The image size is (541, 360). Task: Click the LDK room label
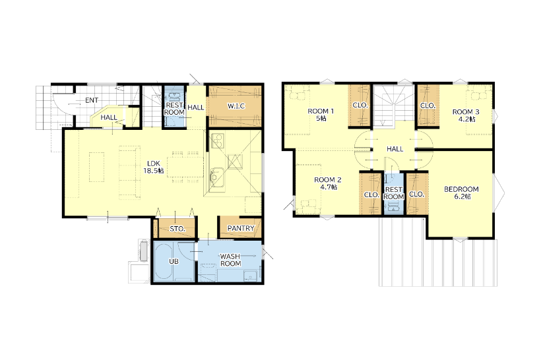click(154, 164)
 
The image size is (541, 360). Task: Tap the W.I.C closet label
click(236, 106)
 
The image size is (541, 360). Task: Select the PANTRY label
click(241, 228)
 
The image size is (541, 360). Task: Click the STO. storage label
click(177, 229)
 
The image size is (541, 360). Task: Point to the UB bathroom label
click(174, 261)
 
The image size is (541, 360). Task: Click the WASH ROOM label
click(230, 260)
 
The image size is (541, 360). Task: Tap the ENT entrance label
click(92, 100)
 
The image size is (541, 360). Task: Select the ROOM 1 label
click(321, 111)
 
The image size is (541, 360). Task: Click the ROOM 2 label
click(327, 180)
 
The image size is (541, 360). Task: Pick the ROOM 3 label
click(466, 112)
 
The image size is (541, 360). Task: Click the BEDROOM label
click(461, 189)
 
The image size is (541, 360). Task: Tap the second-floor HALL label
click(395, 149)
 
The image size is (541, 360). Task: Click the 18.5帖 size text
click(154, 171)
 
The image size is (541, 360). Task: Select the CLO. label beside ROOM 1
click(360, 105)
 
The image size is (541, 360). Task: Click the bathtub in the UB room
click(163, 261)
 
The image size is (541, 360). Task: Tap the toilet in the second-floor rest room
click(393, 207)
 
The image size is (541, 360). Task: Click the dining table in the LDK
click(185, 167)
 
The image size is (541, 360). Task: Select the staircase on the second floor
click(394, 106)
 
